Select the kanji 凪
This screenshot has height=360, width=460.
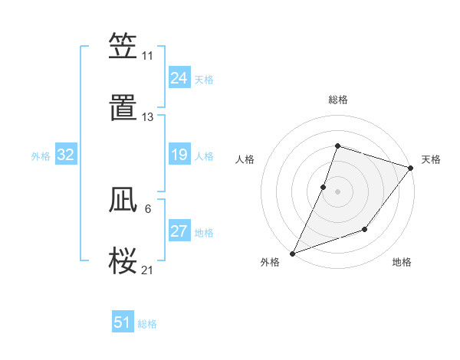123,201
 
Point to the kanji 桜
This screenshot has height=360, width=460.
123,261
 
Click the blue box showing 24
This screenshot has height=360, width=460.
179,78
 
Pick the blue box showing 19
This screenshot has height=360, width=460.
179,155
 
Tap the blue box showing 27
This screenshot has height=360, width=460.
179,232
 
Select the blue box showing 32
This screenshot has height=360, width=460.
66,155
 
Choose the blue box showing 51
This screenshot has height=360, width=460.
123,322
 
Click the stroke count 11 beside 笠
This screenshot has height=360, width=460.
147,56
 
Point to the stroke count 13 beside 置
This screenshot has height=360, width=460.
147,117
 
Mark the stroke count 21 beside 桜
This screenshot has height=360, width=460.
147,270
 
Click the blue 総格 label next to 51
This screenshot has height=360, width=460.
147,324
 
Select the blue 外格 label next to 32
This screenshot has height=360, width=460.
41,156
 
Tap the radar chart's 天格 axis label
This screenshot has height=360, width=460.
431,159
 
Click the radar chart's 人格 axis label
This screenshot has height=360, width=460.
245,159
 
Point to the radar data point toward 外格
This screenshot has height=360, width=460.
292,253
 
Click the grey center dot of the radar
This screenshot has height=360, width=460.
337,191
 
